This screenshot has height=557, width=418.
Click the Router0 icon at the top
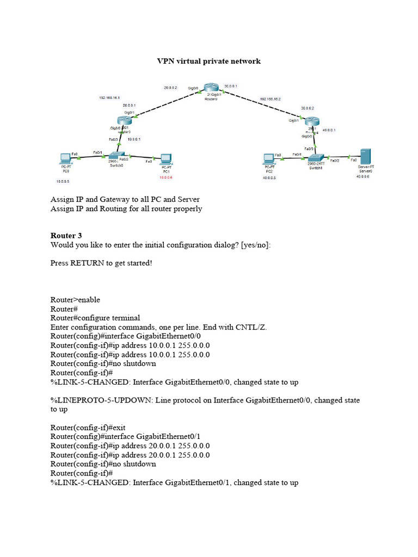click(x=211, y=89)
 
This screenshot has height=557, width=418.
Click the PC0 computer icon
click(x=66, y=159)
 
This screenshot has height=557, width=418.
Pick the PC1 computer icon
click(x=166, y=159)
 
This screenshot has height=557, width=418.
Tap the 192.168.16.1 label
click(x=109, y=98)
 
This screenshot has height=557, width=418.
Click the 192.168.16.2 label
click(x=271, y=100)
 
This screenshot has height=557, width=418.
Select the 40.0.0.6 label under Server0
click(x=363, y=177)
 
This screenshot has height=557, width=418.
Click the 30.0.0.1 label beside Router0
click(x=231, y=86)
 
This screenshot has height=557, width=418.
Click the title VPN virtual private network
click(x=209, y=61)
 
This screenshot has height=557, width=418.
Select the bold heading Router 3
click(x=66, y=236)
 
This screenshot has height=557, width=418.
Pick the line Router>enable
click(x=75, y=300)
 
